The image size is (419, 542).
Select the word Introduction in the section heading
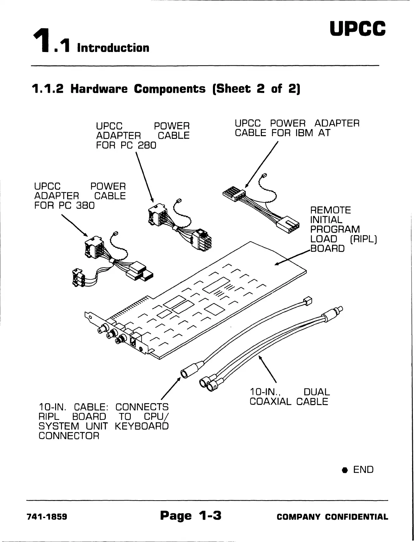[x=113, y=48]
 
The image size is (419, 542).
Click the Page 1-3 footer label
[x=190, y=515]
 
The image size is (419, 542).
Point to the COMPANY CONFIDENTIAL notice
[x=332, y=517]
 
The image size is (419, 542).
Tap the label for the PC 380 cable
[x=80, y=196]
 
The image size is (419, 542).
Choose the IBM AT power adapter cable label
[x=297, y=128]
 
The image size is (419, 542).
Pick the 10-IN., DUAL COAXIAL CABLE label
[x=290, y=397]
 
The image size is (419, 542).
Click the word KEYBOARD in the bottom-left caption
[x=142, y=426]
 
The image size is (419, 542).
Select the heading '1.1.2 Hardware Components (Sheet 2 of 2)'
[x=166, y=89]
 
